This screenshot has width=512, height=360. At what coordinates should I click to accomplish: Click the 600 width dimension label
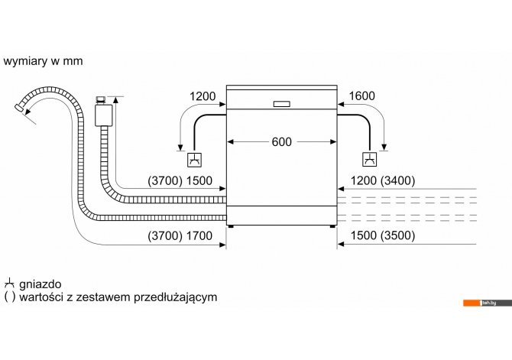click(281, 141)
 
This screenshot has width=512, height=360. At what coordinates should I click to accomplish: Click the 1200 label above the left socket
click(203, 96)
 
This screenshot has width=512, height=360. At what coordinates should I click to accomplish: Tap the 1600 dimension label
click(361, 96)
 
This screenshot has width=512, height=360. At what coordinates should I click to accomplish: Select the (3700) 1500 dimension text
click(180, 180)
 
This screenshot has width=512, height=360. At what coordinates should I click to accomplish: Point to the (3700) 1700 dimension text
click(180, 235)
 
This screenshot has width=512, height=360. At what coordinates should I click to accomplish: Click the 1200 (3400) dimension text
click(383, 180)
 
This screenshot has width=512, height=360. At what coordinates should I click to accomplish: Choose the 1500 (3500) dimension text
click(383, 235)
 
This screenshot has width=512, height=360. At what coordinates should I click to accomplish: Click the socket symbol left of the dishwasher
click(194, 160)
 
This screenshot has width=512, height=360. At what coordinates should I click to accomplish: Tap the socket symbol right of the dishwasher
click(370, 160)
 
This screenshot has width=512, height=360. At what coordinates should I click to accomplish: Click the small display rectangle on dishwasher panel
click(281, 104)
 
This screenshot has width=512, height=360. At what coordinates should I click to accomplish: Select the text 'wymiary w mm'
click(43, 61)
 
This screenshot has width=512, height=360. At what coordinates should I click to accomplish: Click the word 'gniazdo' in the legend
click(41, 284)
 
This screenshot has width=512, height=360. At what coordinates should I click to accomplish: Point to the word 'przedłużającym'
click(176, 297)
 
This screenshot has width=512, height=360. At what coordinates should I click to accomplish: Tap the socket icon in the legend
click(10, 284)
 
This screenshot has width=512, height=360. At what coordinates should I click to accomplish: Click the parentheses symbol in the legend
click(10, 297)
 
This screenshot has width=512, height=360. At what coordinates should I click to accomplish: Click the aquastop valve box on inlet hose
click(103, 115)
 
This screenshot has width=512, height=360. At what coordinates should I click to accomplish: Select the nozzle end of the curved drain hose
click(19, 108)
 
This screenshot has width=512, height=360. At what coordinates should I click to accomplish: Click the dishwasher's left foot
click(231, 226)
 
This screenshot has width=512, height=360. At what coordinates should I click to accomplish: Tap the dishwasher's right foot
click(332, 226)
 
